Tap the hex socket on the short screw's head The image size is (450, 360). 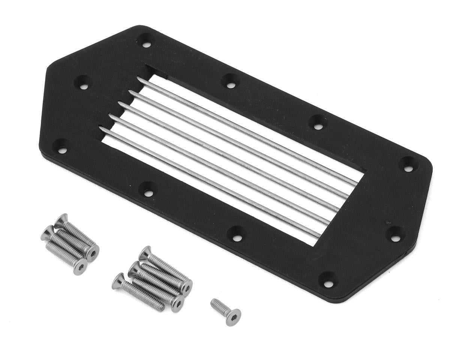233,317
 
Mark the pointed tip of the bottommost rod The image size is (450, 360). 100,128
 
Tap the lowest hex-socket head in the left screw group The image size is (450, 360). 79,267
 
